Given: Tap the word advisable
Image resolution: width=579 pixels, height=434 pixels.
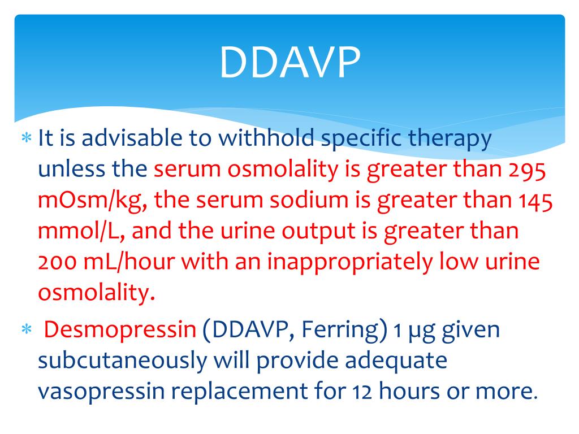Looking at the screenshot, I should (x=129, y=139).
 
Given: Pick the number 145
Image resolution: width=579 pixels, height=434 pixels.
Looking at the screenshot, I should (x=533, y=201).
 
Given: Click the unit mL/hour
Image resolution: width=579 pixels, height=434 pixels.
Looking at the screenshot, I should (x=119, y=263).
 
